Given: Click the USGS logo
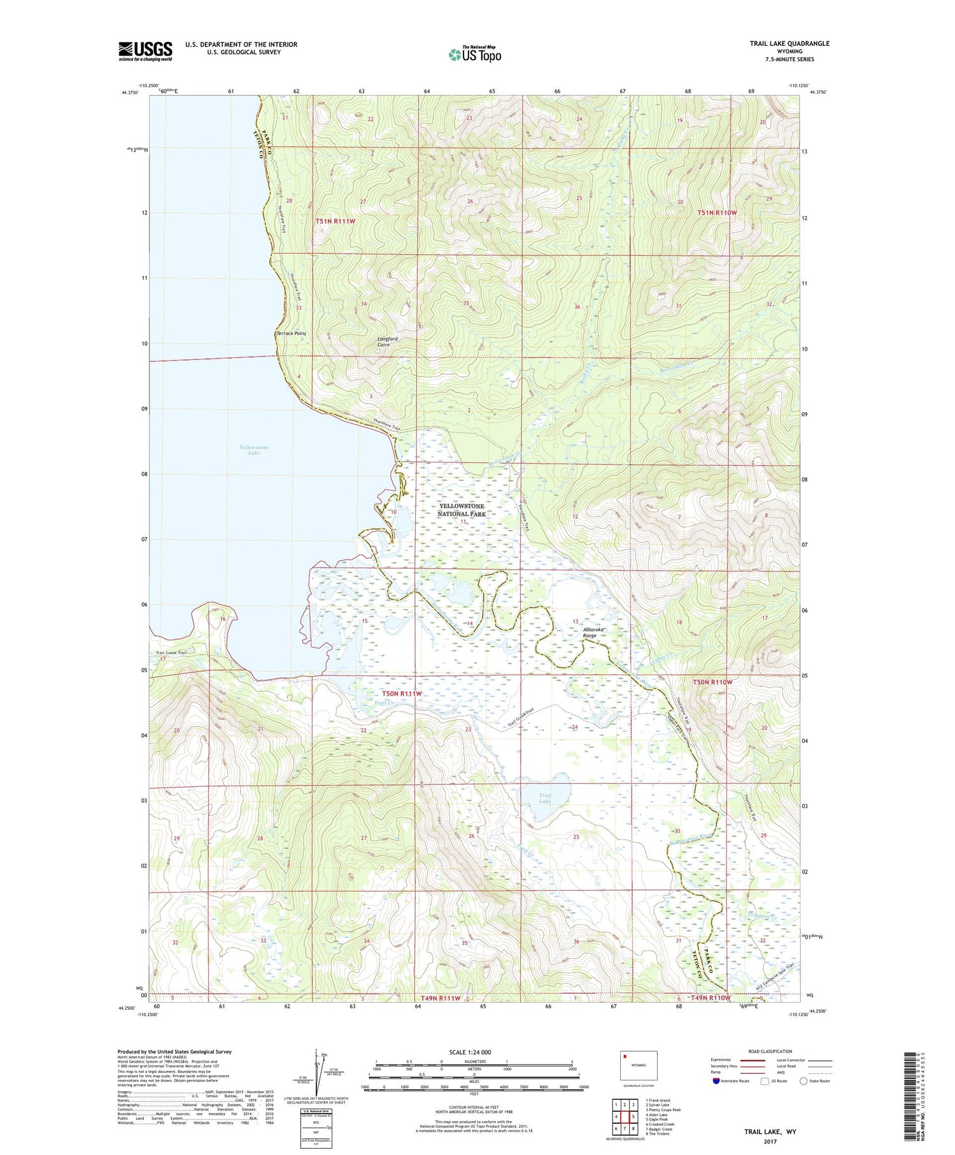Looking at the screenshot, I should click(145, 51).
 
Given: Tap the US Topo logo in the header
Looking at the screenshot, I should click(475, 54).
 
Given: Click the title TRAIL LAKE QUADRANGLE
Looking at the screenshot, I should click(789, 43).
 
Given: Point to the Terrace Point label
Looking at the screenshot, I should click(291, 333).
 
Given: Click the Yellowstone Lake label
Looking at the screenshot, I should click(254, 450).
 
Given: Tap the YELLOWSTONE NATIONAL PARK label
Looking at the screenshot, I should click(462, 510).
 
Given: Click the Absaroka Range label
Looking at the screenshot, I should click(594, 633).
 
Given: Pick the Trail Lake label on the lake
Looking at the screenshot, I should click(545, 798).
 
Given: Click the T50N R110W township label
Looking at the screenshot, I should click(712, 682).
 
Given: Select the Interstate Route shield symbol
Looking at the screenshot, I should click(716, 1081).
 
